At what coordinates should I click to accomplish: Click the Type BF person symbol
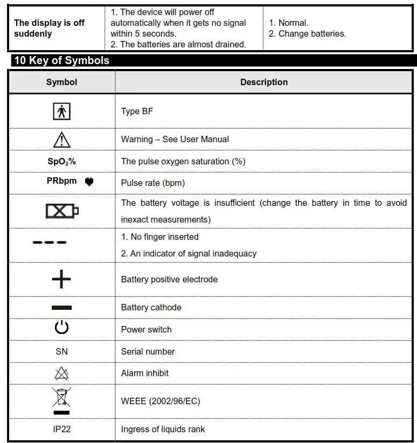(x=62, y=111)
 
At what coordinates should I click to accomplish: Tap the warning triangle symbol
(x=62, y=140)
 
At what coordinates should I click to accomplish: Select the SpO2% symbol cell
(x=61, y=161)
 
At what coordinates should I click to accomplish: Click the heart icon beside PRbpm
(x=89, y=182)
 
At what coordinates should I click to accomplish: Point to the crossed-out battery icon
(x=62, y=211)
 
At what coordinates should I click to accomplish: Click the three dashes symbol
(x=50, y=242)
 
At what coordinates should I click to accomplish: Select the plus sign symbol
(x=61, y=279)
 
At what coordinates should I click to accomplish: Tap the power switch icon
(x=62, y=329)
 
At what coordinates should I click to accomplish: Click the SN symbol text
(x=62, y=351)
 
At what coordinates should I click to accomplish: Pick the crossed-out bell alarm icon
(x=62, y=373)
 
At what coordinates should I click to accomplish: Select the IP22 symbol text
(x=62, y=429)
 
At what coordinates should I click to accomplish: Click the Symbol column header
(x=62, y=82)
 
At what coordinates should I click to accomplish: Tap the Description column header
(x=263, y=82)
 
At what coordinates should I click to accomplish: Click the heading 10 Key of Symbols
(x=61, y=60)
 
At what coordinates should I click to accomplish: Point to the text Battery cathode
(x=151, y=307)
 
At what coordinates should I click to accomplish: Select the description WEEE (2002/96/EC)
(x=161, y=401)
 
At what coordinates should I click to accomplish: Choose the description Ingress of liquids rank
(x=163, y=429)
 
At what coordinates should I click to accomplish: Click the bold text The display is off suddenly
(x=50, y=28)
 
